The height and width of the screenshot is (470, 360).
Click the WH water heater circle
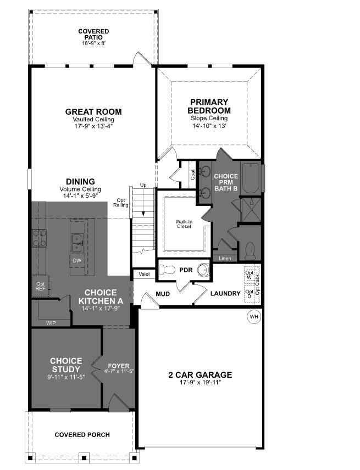[253, 317]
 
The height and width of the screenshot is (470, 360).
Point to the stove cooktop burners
[40, 238]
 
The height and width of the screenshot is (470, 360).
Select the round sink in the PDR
[203, 270]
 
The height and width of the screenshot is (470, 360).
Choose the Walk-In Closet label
[184, 223]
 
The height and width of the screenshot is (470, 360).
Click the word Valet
[145, 274]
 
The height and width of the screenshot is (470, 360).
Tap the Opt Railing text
[121, 203]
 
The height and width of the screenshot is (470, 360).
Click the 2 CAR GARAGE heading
[200, 375]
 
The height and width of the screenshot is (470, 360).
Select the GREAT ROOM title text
[93, 111]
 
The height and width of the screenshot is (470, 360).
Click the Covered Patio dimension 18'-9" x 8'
[93, 43]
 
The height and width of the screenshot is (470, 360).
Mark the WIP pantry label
[51, 323]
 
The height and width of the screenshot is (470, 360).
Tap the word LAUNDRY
[225, 294]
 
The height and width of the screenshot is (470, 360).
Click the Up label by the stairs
[143, 185]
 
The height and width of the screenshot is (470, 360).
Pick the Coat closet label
[193, 174]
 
